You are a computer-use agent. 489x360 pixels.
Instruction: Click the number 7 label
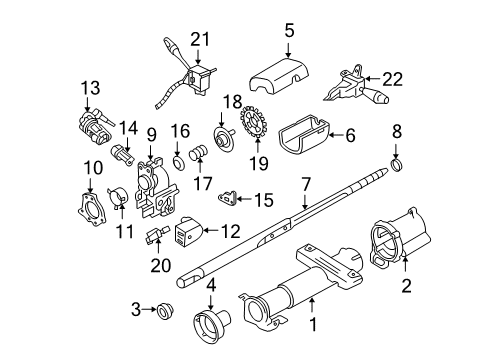308,185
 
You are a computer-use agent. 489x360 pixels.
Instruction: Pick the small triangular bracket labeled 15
232,198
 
